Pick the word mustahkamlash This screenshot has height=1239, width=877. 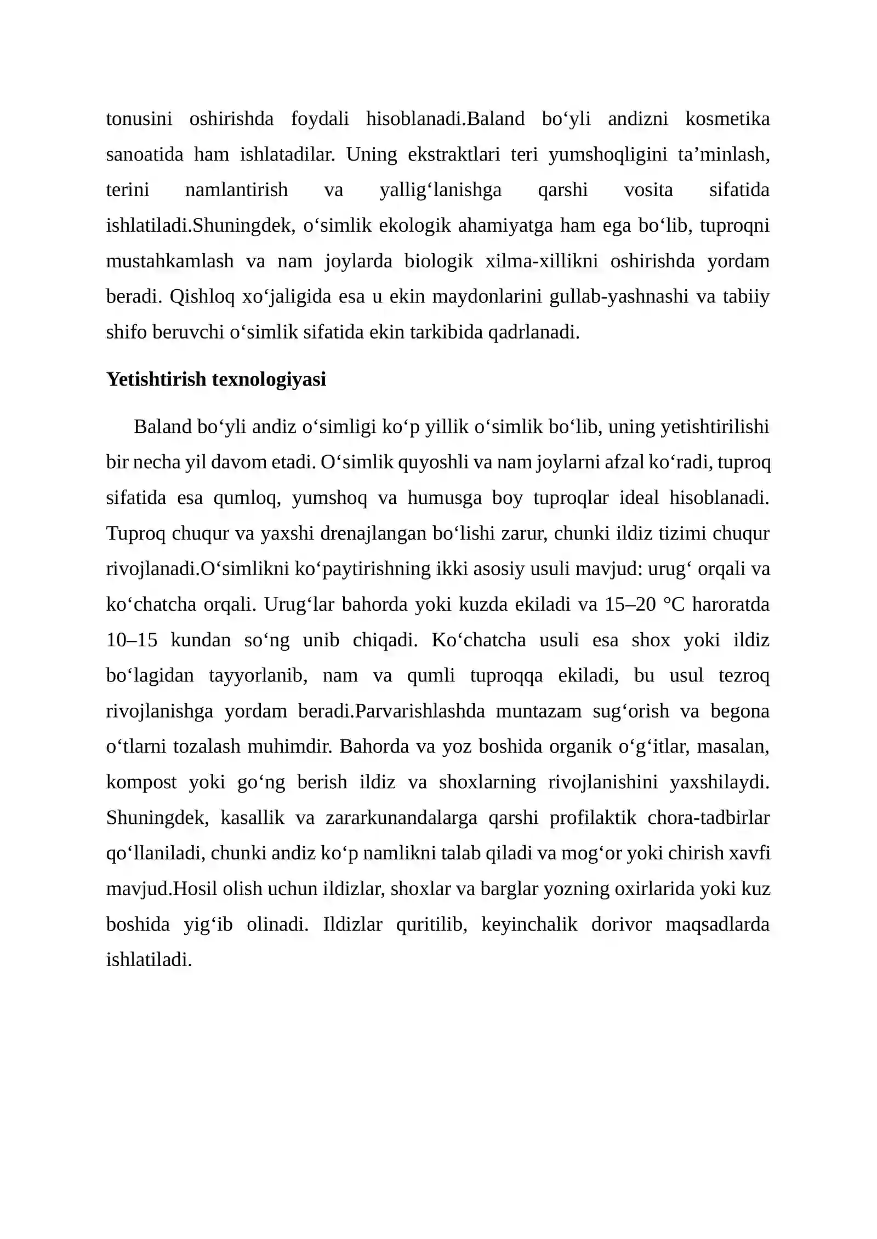[x=170, y=261]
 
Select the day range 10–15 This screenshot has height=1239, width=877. [x=132, y=640]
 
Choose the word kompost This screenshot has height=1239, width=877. [x=141, y=782]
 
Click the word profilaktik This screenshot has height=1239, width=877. [x=593, y=818]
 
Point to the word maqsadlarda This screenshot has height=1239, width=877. [x=717, y=925]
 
